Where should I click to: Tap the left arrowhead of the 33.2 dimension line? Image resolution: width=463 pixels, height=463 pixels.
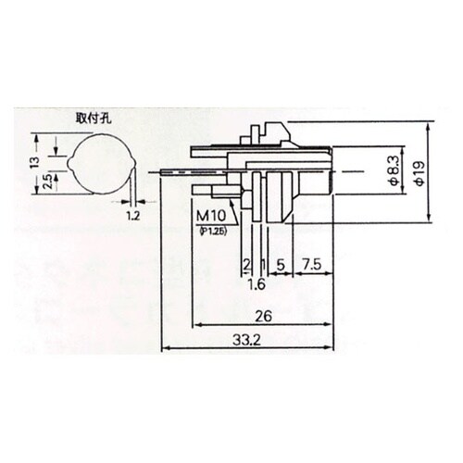tap(164, 349)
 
